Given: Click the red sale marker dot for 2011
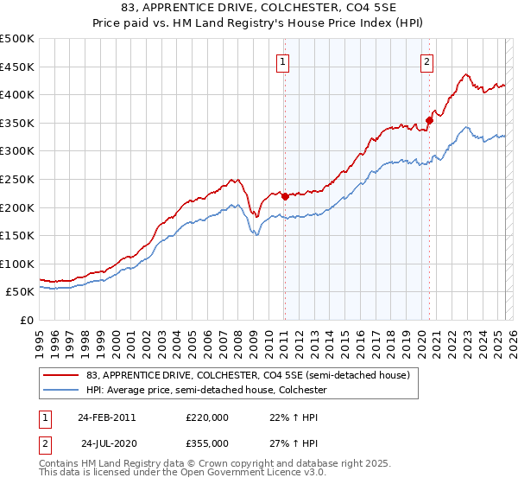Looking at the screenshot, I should click(285, 196).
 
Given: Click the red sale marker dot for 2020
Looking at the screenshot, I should click(429, 120).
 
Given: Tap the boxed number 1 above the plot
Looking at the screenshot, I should click(283, 60).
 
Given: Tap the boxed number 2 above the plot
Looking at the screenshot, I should click(427, 60).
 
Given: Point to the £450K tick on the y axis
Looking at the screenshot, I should click(17, 67).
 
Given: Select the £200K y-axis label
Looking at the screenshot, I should click(17, 207).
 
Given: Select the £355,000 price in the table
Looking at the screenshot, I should click(207, 443).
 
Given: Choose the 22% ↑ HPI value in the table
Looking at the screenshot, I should click(282, 417).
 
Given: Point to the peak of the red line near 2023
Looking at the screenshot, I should click(465, 74).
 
